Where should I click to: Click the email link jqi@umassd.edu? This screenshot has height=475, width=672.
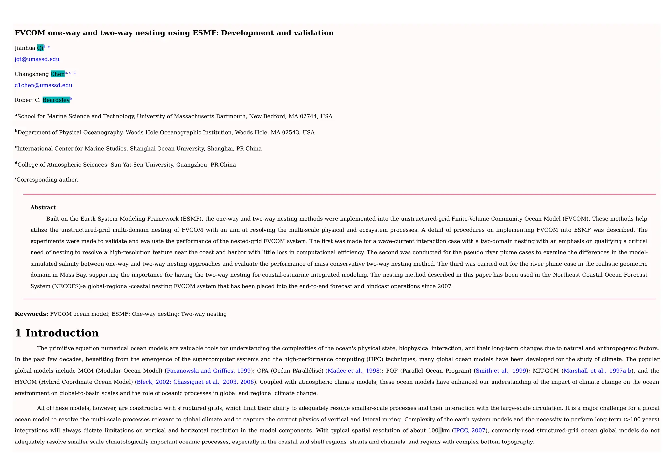(37, 59)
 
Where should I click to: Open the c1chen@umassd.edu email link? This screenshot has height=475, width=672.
(43, 85)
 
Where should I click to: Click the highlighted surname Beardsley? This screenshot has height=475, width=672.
(56, 100)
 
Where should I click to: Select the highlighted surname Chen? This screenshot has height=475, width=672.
(57, 74)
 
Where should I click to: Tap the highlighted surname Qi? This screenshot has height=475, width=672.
(40, 48)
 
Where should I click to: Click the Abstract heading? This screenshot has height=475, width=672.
(43, 208)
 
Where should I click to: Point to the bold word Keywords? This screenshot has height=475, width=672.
(31, 314)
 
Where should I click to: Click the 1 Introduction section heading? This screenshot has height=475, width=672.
(57, 333)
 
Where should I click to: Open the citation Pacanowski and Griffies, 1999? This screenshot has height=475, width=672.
(209, 371)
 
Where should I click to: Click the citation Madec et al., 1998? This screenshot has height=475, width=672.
(353, 371)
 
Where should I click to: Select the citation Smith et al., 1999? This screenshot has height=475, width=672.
(501, 371)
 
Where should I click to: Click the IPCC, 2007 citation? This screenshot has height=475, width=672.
(469, 431)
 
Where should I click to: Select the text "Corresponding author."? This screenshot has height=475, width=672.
(47, 180)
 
